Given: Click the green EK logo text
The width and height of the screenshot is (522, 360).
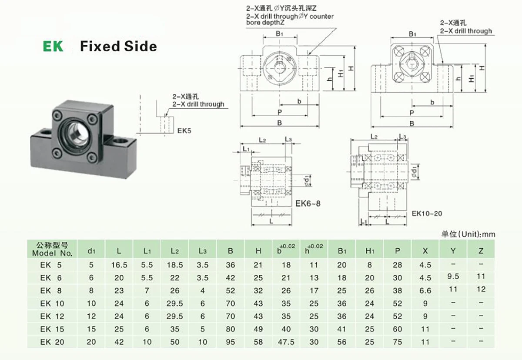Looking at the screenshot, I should tap(53, 46).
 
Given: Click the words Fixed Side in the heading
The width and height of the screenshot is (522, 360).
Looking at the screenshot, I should tap(118, 46).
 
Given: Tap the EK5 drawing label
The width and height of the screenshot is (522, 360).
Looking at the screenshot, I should tap(184, 130).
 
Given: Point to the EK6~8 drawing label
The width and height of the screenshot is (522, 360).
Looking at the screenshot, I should tap(308, 203).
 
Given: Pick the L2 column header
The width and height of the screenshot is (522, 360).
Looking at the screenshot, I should tap(175, 251).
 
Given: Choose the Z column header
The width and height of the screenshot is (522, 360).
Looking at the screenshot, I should tap(480, 251).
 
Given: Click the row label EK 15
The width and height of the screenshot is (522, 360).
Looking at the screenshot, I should tap(52, 329).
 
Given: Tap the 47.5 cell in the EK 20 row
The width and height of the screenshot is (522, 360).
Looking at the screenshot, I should tap(286, 342).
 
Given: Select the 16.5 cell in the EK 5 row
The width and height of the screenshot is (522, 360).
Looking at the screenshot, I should tap(119, 265).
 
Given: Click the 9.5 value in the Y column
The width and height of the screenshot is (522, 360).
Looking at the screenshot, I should tap(453, 276).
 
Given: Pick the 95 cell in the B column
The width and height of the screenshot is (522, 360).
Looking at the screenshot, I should tap(231, 342).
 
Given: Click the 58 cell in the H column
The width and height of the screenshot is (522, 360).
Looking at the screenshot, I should tap(258, 342).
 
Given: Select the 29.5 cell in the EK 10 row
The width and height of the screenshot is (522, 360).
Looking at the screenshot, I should tap(175, 303).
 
